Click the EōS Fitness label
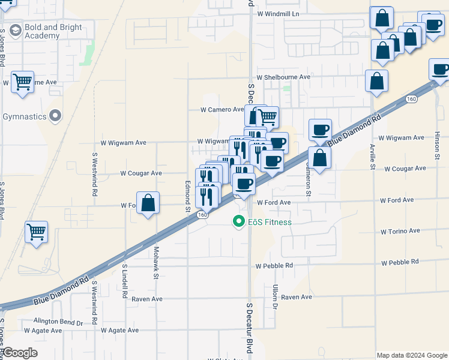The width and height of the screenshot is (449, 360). [x=270, y=222]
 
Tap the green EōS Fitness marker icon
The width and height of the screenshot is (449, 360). [x=238, y=222]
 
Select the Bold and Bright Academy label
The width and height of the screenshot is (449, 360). [x=50, y=32]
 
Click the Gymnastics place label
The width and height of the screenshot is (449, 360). [x=25, y=116]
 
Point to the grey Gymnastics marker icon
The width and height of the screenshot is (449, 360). [x=56, y=115]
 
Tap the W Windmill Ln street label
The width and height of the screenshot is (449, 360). [x=277, y=13]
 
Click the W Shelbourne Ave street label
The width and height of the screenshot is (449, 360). [x=283, y=77]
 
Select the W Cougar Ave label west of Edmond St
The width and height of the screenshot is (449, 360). [x=141, y=173]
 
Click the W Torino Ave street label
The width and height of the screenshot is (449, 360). [x=402, y=232]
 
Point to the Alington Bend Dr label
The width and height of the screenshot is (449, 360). [x=58, y=322]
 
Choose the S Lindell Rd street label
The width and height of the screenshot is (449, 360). [x=125, y=281]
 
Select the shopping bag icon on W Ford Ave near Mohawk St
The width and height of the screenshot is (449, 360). [x=148, y=203]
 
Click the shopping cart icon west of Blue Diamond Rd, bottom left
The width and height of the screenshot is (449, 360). [x=37, y=232]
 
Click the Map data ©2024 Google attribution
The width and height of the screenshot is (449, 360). [x=411, y=355]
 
